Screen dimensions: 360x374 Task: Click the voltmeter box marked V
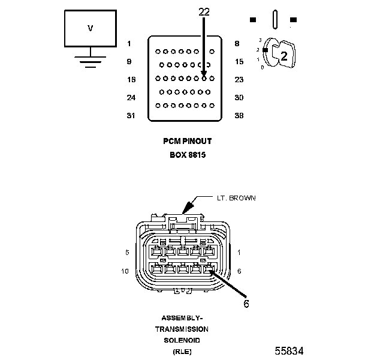[91, 28]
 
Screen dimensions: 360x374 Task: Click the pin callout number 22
[204, 11]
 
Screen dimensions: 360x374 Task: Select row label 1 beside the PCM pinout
[129, 43]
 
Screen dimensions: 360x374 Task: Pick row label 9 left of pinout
[129, 61]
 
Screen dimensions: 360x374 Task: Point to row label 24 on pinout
[131, 97]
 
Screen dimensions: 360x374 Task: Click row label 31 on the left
[131, 115]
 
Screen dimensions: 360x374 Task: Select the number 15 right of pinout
[239, 61]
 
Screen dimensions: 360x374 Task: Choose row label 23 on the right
[239, 79]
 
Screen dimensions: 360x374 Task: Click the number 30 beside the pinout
[239, 97]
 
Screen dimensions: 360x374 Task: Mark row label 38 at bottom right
[239, 115]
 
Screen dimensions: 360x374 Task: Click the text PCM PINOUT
[187, 142]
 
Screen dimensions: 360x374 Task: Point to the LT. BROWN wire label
[236, 197]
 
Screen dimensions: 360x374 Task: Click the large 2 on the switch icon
[284, 57]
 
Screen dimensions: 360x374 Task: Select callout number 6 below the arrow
[246, 304]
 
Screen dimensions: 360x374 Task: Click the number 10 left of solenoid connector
[126, 271]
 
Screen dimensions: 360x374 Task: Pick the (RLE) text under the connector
[182, 351]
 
